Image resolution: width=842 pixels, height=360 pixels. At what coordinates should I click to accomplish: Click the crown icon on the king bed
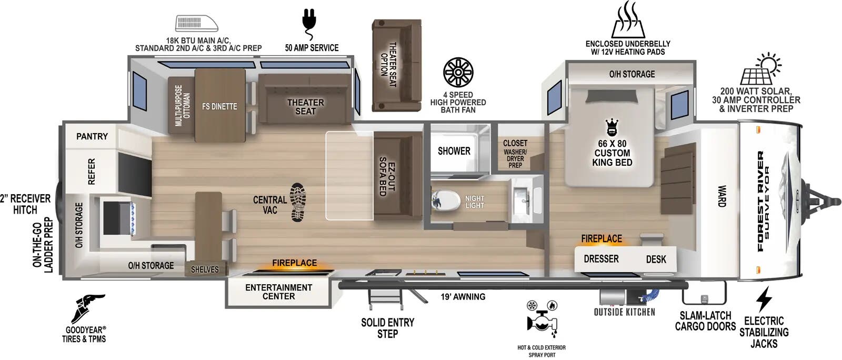click(x=612, y=127)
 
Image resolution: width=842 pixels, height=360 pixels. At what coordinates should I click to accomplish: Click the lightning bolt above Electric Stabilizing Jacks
click(x=764, y=299)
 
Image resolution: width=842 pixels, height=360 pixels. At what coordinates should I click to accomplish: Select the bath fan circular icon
click(x=458, y=72)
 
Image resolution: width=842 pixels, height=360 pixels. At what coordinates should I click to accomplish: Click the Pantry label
click(x=92, y=136)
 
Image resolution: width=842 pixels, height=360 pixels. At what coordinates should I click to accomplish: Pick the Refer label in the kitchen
click(x=91, y=172)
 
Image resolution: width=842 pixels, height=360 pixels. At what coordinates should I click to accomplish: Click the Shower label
click(x=454, y=151)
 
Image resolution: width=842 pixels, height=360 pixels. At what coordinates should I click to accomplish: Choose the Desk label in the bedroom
click(x=656, y=259)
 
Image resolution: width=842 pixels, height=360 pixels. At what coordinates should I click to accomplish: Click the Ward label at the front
click(x=721, y=196)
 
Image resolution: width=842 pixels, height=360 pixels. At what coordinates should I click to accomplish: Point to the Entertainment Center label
click(x=278, y=292)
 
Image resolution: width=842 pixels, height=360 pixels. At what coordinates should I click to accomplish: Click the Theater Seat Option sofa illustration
click(x=396, y=65)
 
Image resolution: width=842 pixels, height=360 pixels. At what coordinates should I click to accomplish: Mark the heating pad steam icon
click(x=627, y=22)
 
